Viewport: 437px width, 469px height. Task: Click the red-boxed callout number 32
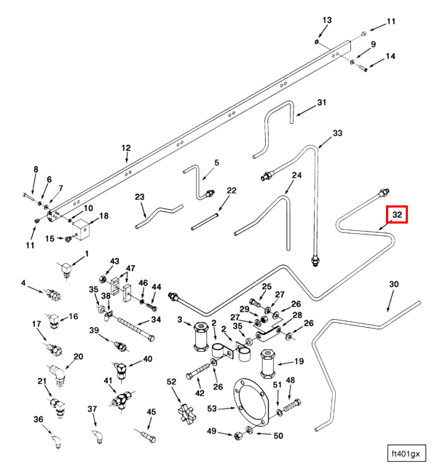[397, 215]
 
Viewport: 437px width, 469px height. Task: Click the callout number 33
[337, 134]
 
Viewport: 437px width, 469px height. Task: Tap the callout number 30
[394, 285]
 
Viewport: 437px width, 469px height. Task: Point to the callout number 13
[327, 20]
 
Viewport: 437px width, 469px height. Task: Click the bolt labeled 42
[200, 375]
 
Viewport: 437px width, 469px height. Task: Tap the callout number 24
[296, 176]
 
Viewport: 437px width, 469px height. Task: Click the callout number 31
[322, 103]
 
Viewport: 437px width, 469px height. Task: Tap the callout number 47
[130, 269]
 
